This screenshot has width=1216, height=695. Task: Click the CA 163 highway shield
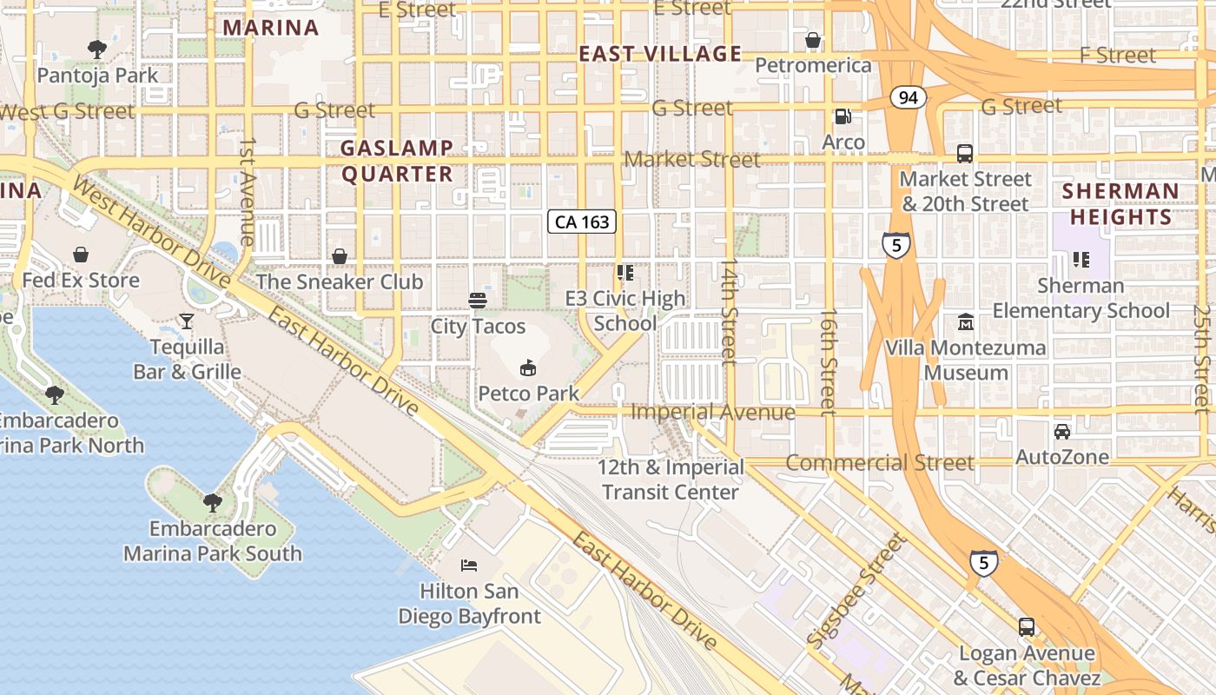click(x=582, y=222)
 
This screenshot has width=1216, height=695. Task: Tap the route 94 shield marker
click(x=909, y=97)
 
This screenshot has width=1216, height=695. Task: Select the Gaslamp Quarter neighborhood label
click(x=397, y=161)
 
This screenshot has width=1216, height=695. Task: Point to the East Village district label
click(x=660, y=54)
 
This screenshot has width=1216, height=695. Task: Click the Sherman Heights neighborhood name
click(x=1120, y=203)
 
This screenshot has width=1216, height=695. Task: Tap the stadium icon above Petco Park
click(x=527, y=368)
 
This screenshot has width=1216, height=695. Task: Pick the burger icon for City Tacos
click(x=478, y=301)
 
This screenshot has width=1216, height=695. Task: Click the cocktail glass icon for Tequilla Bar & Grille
click(x=187, y=321)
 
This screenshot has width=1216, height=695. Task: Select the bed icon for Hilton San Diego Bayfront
click(x=469, y=566)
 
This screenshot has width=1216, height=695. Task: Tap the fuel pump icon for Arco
click(x=843, y=116)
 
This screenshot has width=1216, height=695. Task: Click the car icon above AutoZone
click(x=1061, y=432)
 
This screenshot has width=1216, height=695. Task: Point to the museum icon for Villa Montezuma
click(x=965, y=323)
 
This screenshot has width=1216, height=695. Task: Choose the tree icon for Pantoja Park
click(x=97, y=50)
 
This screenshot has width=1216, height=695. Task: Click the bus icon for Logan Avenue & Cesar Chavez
click(x=1027, y=627)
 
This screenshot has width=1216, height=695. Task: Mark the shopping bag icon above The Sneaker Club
click(x=340, y=256)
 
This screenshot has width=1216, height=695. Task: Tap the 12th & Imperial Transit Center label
click(x=671, y=480)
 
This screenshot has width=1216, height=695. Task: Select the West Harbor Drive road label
click(x=152, y=230)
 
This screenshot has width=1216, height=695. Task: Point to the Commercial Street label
click(x=879, y=463)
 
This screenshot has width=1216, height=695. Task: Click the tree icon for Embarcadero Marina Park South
click(x=212, y=503)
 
